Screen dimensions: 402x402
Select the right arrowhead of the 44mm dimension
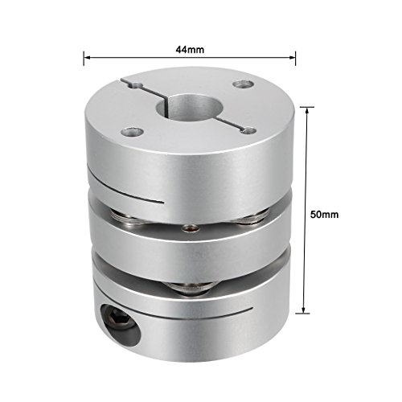pos(289,58)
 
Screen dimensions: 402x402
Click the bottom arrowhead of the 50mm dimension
pos(306,311)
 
